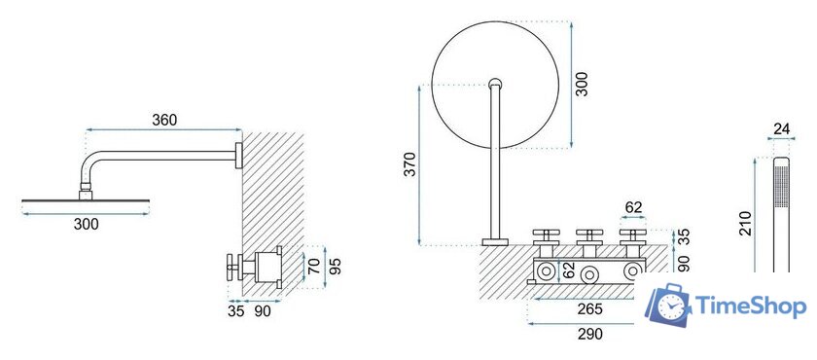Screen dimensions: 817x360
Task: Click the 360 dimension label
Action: click(x=164, y=120)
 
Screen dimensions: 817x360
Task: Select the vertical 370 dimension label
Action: click(x=410, y=164)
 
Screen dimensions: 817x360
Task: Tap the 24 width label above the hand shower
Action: click(x=781, y=128)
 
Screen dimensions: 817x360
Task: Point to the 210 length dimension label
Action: click(x=746, y=224)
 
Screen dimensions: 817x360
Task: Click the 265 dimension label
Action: click(x=589, y=309)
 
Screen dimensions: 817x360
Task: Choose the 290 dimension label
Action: click(x=589, y=334)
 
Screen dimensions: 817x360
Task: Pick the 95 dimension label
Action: click(x=337, y=268)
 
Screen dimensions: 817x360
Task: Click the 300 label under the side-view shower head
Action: click(x=86, y=225)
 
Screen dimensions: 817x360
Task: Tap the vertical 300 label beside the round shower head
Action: click(x=583, y=84)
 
